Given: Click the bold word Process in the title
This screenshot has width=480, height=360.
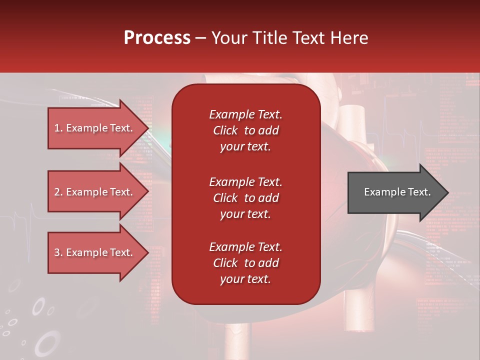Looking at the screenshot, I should [157, 37].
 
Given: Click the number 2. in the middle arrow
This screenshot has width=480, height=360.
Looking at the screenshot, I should [58, 192].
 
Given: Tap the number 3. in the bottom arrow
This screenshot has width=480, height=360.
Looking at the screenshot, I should [58, 252].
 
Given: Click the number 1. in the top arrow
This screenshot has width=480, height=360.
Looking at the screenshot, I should [58, 128].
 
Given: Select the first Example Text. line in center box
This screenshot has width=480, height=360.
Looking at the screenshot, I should [245, 114].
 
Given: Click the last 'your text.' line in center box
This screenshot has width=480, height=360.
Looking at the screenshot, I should [245, 279].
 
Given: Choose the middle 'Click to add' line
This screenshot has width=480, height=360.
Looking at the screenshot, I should [245, 198].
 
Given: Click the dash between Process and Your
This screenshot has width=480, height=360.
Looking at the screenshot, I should [200, 38].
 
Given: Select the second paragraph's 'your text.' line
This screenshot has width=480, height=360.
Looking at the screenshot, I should [245, 214].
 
